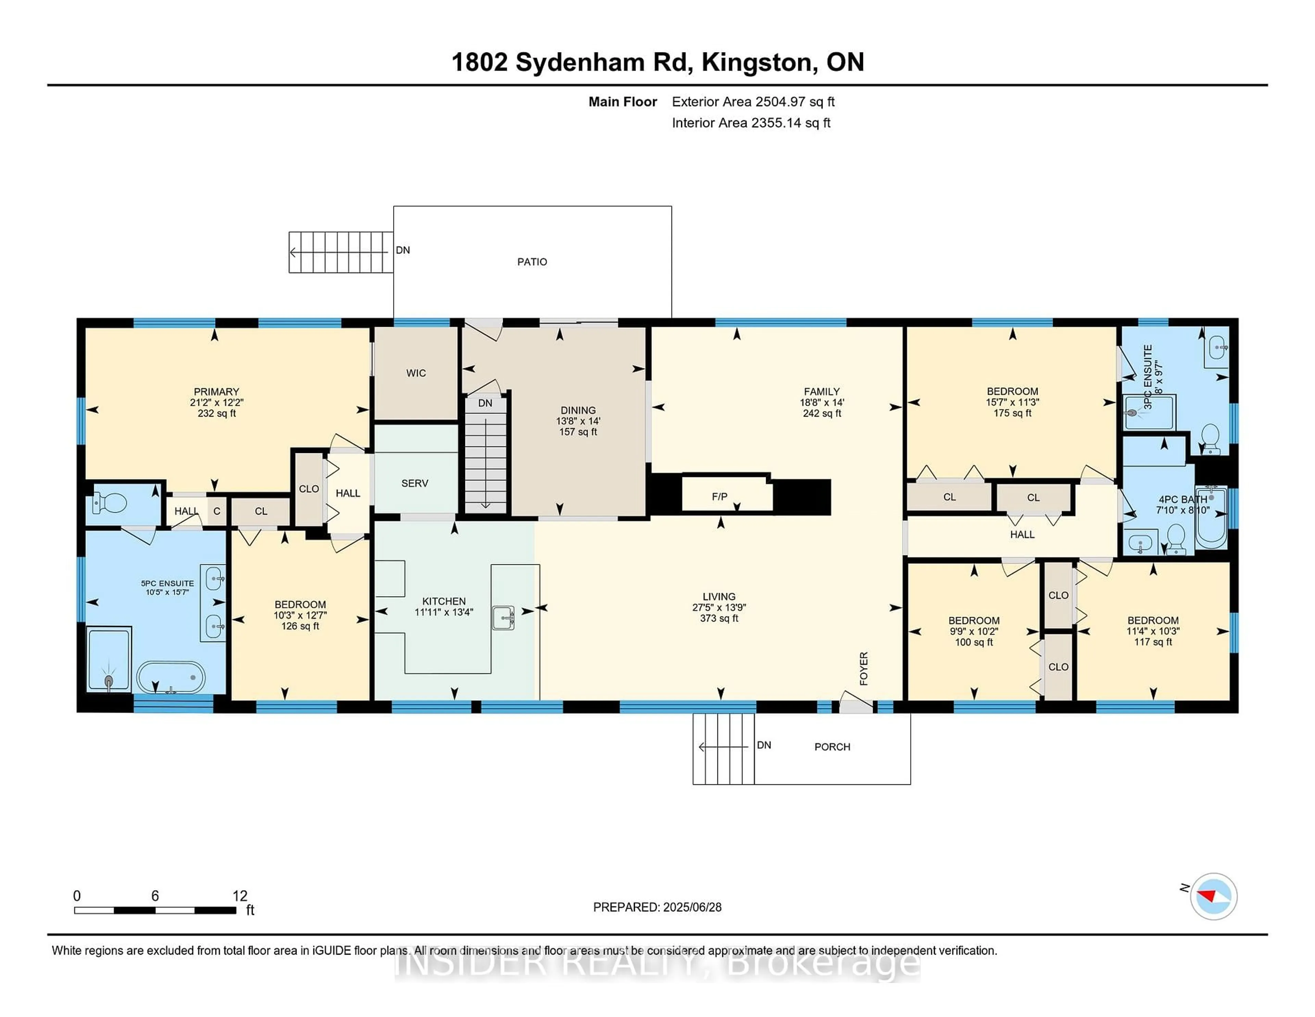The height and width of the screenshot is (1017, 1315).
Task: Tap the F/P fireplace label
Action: click(x=719, y=497)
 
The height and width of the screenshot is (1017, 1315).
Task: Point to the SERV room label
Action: click(x=414, y=483)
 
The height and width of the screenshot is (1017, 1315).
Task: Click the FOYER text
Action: click(x=863, y=668)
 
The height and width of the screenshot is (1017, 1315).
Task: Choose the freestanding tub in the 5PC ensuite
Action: click(x=171, y=677)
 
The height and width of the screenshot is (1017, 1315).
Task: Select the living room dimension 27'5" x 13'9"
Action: click(x=719, y=607)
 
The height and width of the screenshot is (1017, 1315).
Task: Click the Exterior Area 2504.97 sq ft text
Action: click(x=753, y=102)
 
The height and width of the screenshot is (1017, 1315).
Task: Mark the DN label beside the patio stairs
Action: click(x=403, y=250)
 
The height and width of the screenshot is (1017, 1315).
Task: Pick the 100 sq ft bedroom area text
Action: click(x=974, y=642)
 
